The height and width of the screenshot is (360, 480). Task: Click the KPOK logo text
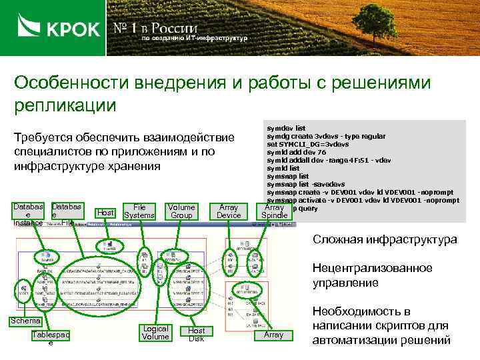pos(72,29)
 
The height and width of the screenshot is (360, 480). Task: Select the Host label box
pos(105,213)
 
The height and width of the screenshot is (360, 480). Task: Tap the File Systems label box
pos(139,211)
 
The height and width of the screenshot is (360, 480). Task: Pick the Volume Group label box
pos(181,211)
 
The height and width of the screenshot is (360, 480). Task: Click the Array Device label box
pos(229,211)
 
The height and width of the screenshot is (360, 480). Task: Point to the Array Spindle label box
pos(274,211)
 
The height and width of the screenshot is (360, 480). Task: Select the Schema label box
pos(24,321)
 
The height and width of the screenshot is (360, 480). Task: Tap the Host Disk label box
pos(196,335)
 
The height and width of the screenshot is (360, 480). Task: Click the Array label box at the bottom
pos(273,335)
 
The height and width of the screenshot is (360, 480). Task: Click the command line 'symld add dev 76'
pos(297,152)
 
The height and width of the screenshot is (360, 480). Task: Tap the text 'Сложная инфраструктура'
pos(385,239)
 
